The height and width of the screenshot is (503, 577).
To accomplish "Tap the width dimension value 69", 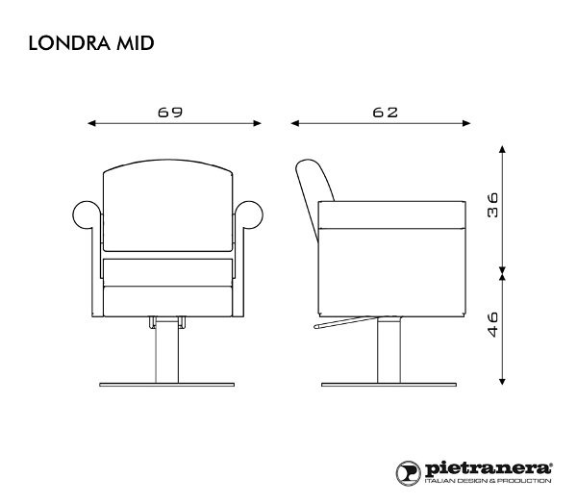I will pyautogui.click(x=170, y=112).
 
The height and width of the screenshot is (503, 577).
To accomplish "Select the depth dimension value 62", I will pyautogui.click(x=385, y=112).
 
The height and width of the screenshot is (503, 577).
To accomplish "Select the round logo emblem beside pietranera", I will pyautogui.click(x=408, y=470).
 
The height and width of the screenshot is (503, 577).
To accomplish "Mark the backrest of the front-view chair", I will pyautogui.click(x=170, y=207).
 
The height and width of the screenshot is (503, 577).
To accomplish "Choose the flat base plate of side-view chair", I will pyautogui.click(x=389, y=385).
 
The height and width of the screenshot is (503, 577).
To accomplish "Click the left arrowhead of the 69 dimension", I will pyautogui.click(x=90, y=123).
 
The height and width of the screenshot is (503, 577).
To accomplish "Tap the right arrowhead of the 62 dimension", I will pyautogui.click(x=471, y=123).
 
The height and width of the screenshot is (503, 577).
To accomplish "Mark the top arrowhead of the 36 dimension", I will pyautogui.click(x=502, y=150).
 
